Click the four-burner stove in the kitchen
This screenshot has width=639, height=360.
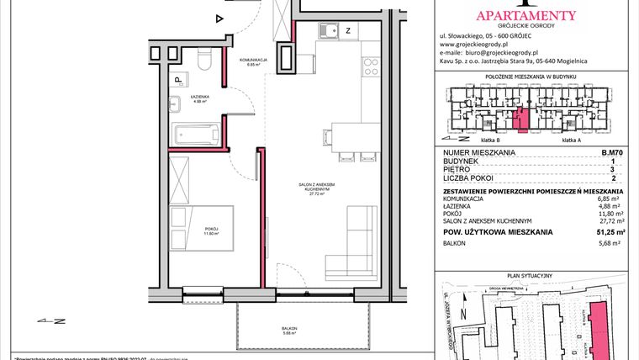(370, 65)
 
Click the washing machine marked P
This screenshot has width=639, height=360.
(178, 80)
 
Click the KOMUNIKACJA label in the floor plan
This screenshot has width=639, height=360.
(252, 60)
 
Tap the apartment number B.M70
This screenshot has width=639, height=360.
(612, 152)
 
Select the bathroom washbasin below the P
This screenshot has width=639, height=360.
(176, 105)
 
